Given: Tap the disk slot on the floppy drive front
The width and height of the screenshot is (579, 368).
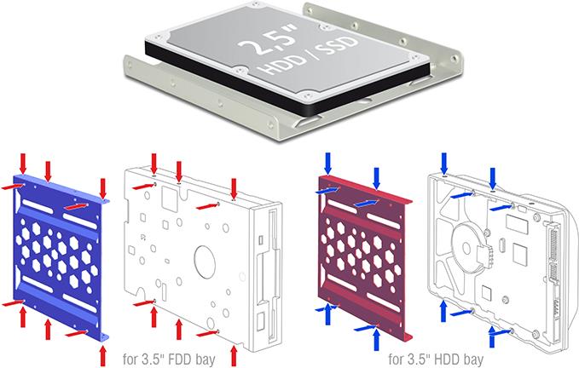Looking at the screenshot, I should [272, 256].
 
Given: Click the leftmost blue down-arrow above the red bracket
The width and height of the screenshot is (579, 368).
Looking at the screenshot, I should [327, 162].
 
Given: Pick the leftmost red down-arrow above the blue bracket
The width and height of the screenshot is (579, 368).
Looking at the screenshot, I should [23, 162].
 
